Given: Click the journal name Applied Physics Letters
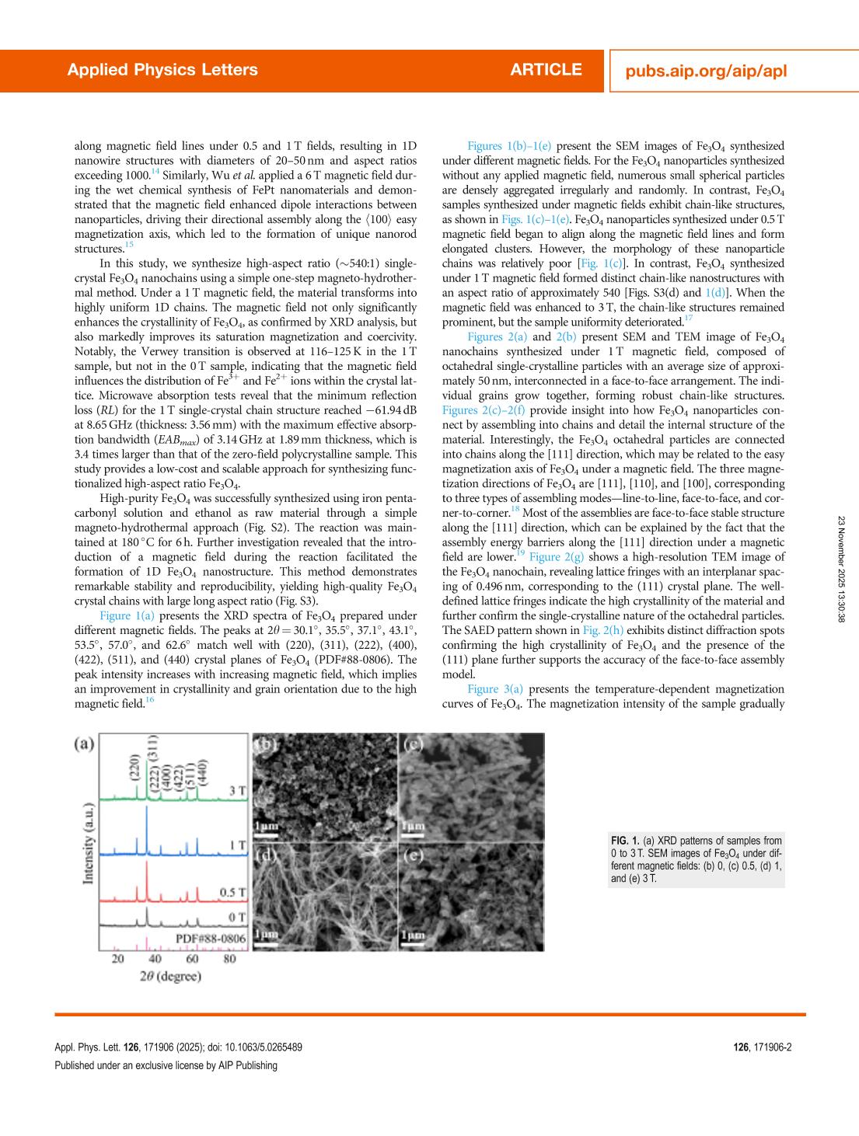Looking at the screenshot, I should tap(162, 70).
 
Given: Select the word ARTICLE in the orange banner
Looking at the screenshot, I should tap(546, 70).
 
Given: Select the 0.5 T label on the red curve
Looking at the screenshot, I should tap(232, 892).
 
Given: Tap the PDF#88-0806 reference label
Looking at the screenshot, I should tap(210, 939).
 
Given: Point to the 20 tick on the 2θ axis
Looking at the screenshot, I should tap(117, 959).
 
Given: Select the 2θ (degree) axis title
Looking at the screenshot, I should tap(169, 976).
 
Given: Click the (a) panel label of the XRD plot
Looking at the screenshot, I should tap(84, 744).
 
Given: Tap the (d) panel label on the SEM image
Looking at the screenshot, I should tap(265, 856).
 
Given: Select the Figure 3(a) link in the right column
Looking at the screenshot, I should tap(495, 689).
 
